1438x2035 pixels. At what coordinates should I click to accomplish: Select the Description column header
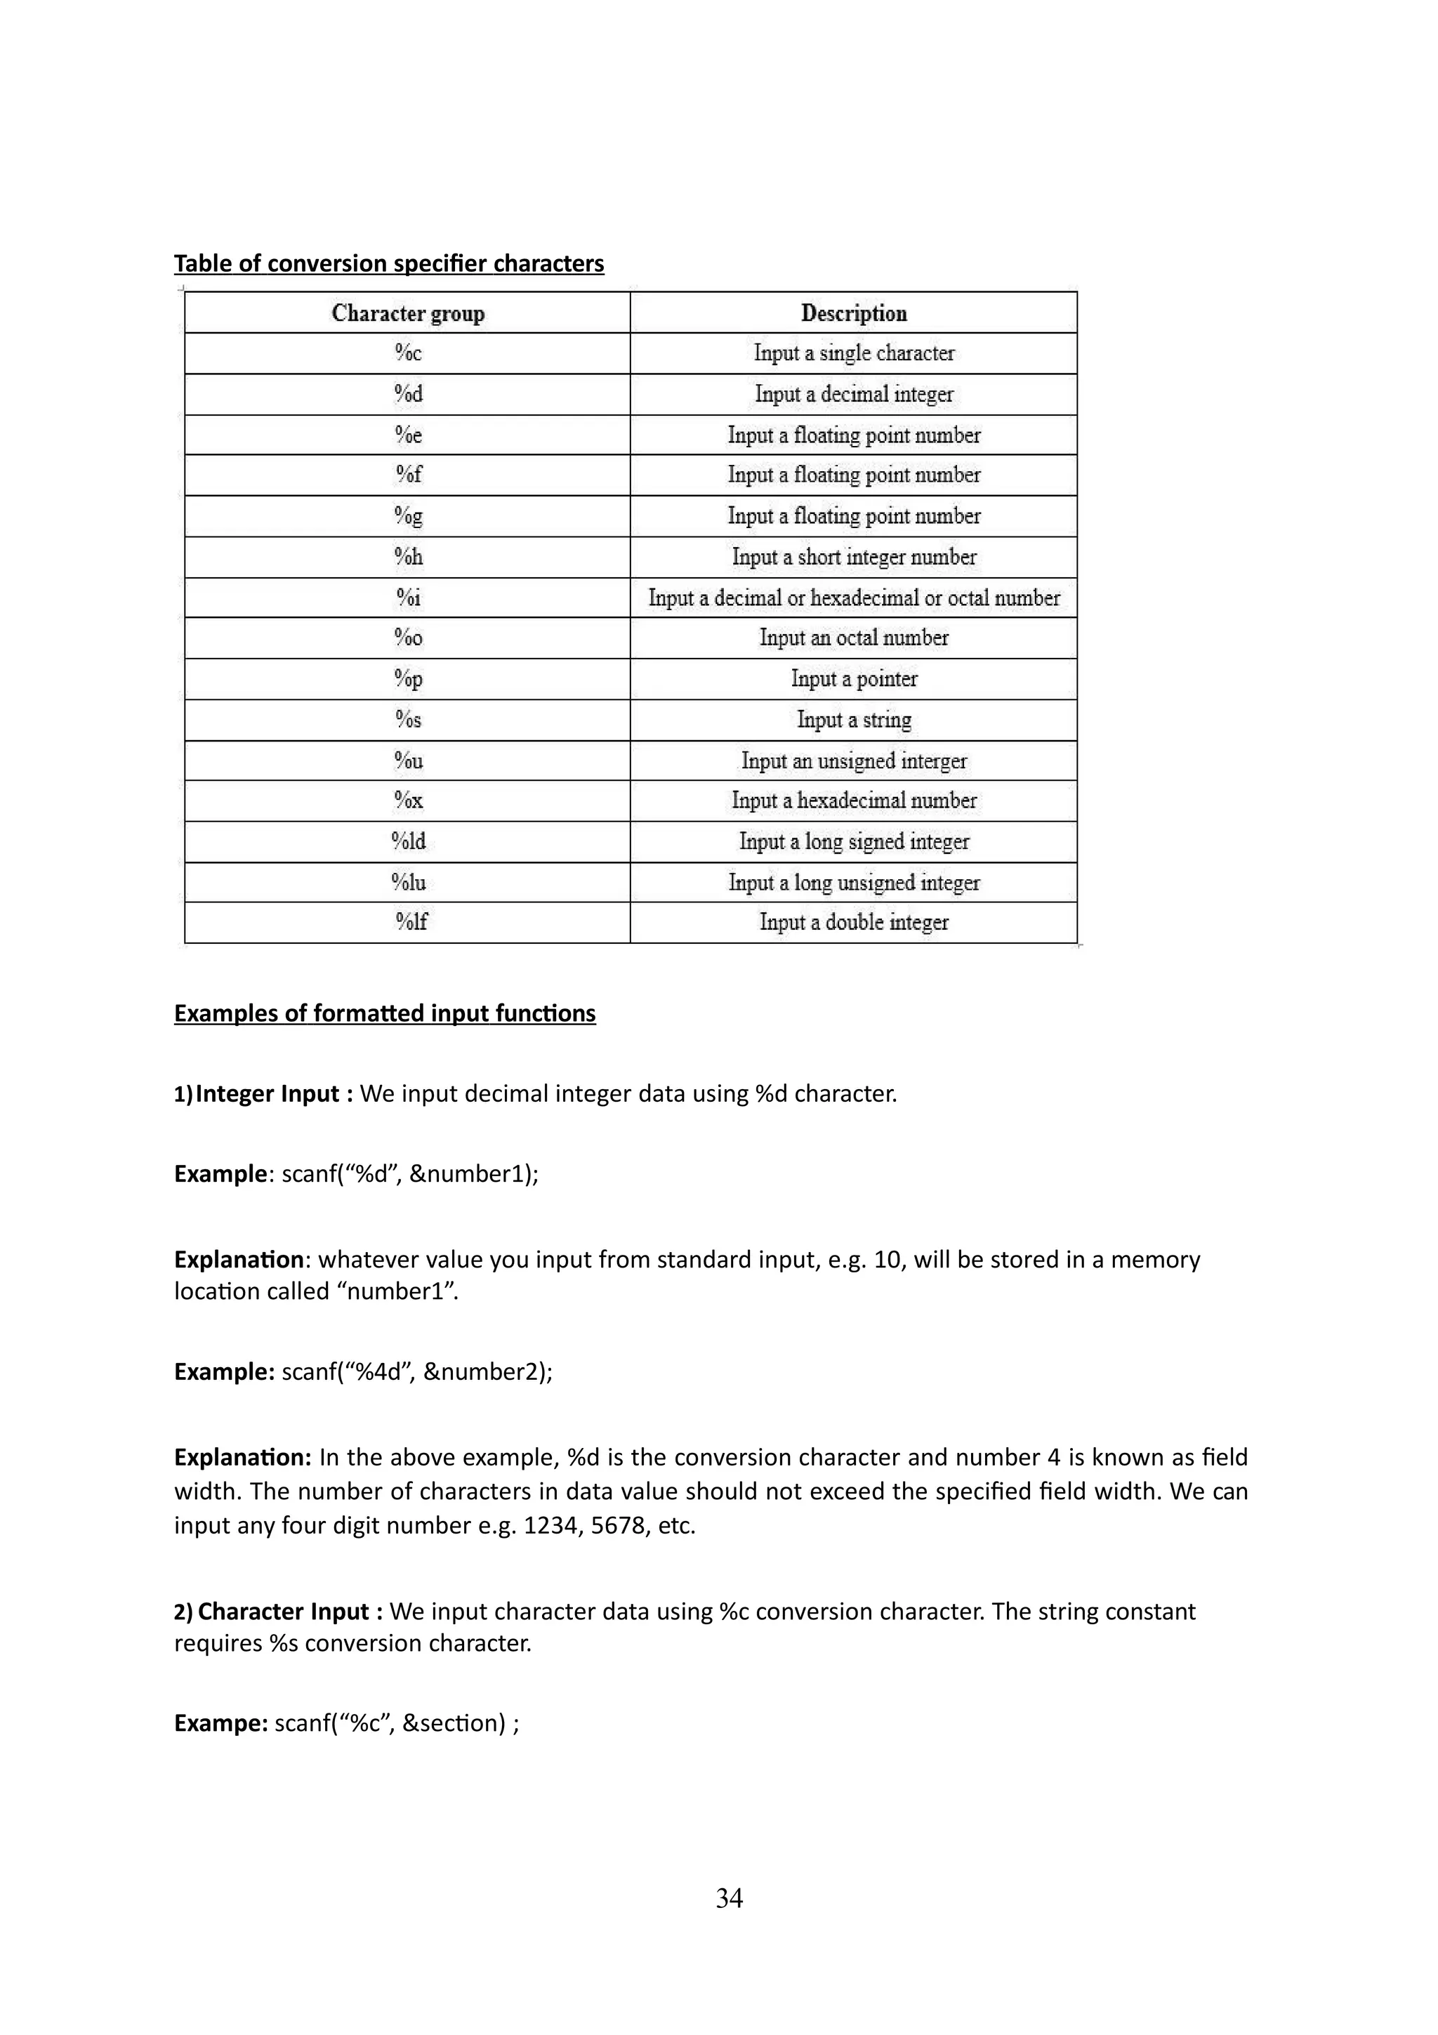[x=853, y=313]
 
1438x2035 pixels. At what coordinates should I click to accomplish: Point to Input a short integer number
[x=853, y=557]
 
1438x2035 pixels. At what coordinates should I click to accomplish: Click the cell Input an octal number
[x=853, y=638]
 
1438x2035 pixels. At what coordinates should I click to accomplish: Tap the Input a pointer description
[x=853, y=679]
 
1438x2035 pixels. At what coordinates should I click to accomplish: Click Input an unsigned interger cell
[x=853, y=760]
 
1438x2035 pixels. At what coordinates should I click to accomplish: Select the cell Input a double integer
[x=853, y=923]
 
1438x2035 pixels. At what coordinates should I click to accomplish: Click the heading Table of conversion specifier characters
[x=388, y=264]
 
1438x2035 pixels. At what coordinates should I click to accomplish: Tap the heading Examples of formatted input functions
[x=385, y=1013]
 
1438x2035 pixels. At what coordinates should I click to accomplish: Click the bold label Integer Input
[x=267, y=1094]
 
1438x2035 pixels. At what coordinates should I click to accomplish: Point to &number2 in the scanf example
[x=484, y=1372]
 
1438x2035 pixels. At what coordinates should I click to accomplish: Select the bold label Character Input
[x=283, y=1612]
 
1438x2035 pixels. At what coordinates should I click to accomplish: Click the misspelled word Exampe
[x=220, y=1723]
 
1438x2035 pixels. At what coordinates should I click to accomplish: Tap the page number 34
[x=730, y=1899]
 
